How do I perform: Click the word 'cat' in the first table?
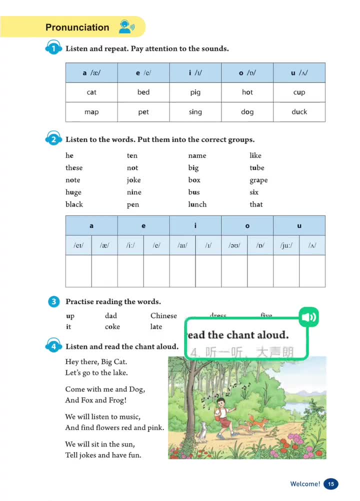coord(91,92)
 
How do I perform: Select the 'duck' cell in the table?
coord(299,112)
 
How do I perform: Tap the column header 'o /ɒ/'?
coord(247,73)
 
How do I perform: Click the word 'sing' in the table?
coord(195,112)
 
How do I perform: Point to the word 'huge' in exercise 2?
coord(73,192)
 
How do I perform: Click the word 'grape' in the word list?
coord(258,180)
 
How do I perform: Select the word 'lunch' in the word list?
coord(197,204)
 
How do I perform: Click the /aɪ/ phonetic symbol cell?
coord(182,245)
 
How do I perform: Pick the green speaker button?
coord(308,317)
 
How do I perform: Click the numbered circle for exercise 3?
coord(53,302)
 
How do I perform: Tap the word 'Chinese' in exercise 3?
coord(163,315)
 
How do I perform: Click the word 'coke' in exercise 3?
coord(112,326)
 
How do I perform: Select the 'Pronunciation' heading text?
coord(77,27)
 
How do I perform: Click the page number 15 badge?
coord(330,483)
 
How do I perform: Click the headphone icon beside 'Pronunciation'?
coord(125,27)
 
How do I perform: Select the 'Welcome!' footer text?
coord(305,483)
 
